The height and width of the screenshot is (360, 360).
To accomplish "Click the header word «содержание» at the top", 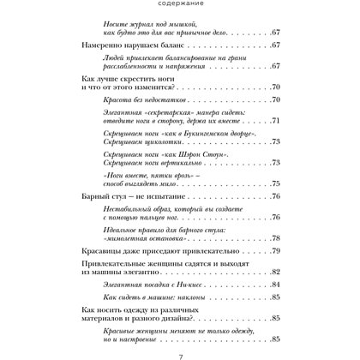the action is pos(180,10).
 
